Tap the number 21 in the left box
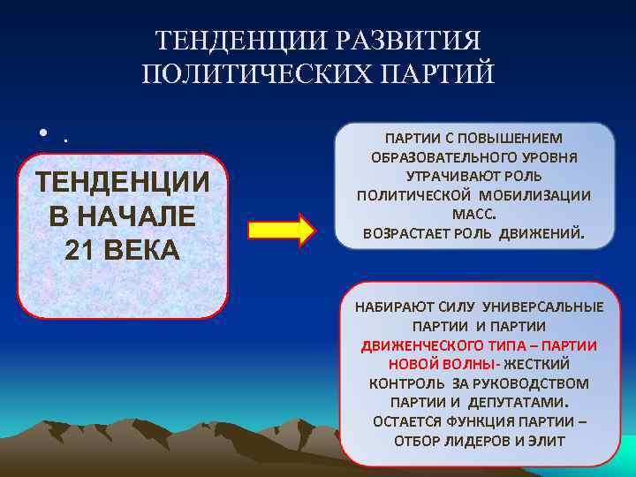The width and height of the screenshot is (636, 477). coord(83,250)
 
